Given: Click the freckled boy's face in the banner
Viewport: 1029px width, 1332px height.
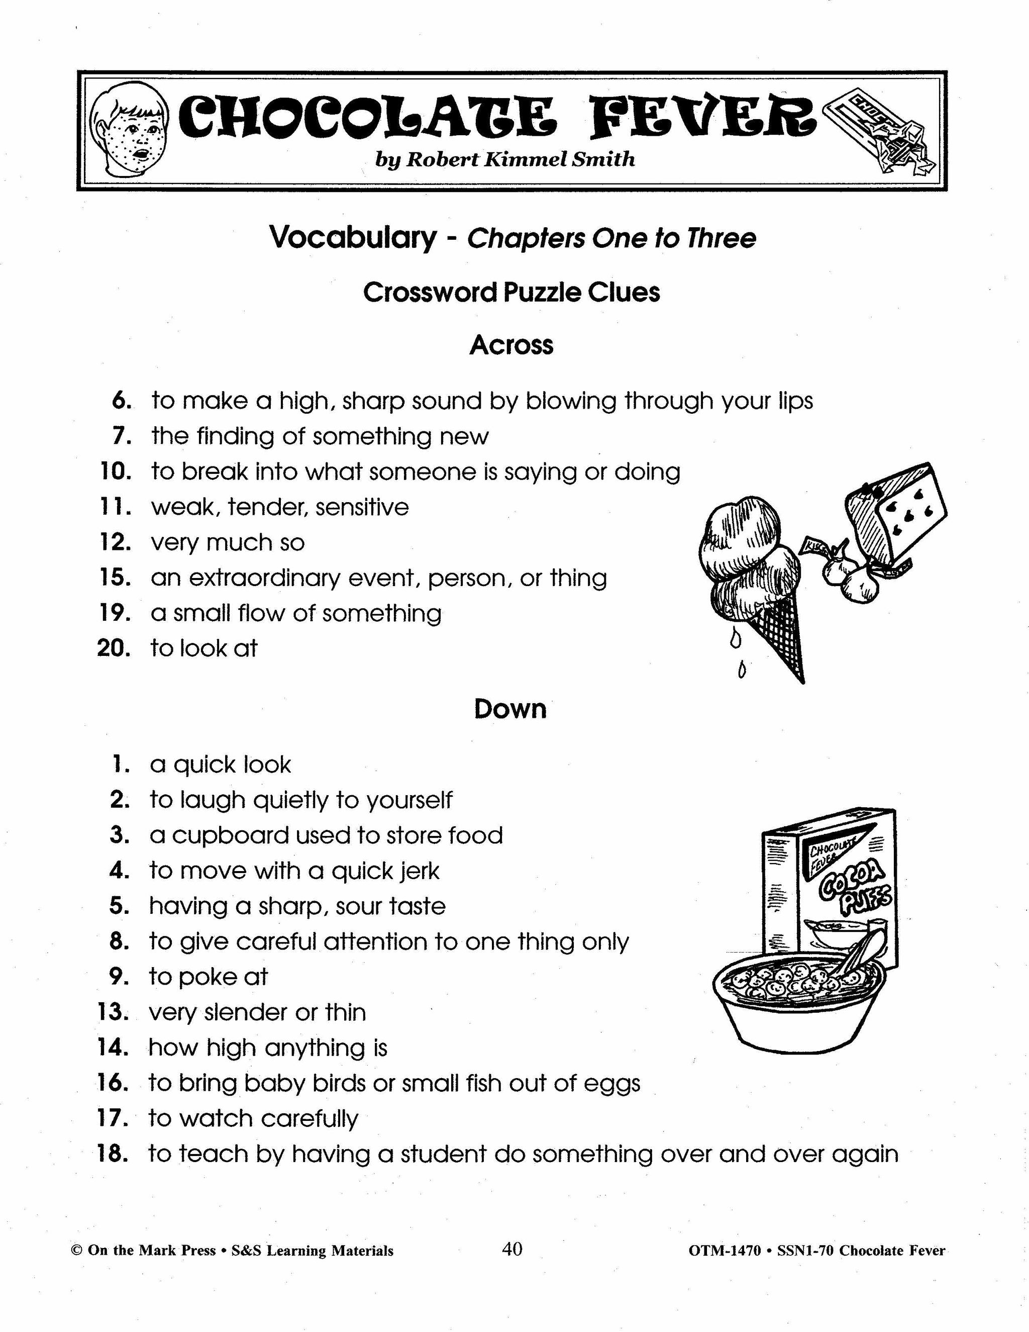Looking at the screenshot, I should click(x=128, y=131).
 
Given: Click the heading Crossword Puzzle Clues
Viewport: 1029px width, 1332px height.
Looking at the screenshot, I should click(x=511, y=292).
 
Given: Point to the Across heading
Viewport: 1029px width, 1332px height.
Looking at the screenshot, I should click(x=511, y=345).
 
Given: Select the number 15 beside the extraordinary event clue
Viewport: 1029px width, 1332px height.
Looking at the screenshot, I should click(x=115, y=578).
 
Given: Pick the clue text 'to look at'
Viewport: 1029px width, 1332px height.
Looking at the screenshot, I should click(x=204, y=648).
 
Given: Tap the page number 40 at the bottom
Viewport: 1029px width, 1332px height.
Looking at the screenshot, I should click(x=512, y=1250).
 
